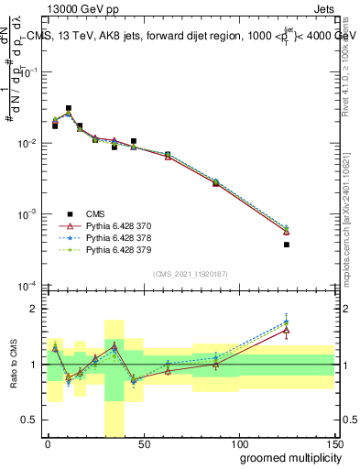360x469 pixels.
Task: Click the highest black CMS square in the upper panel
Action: [69, 108]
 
